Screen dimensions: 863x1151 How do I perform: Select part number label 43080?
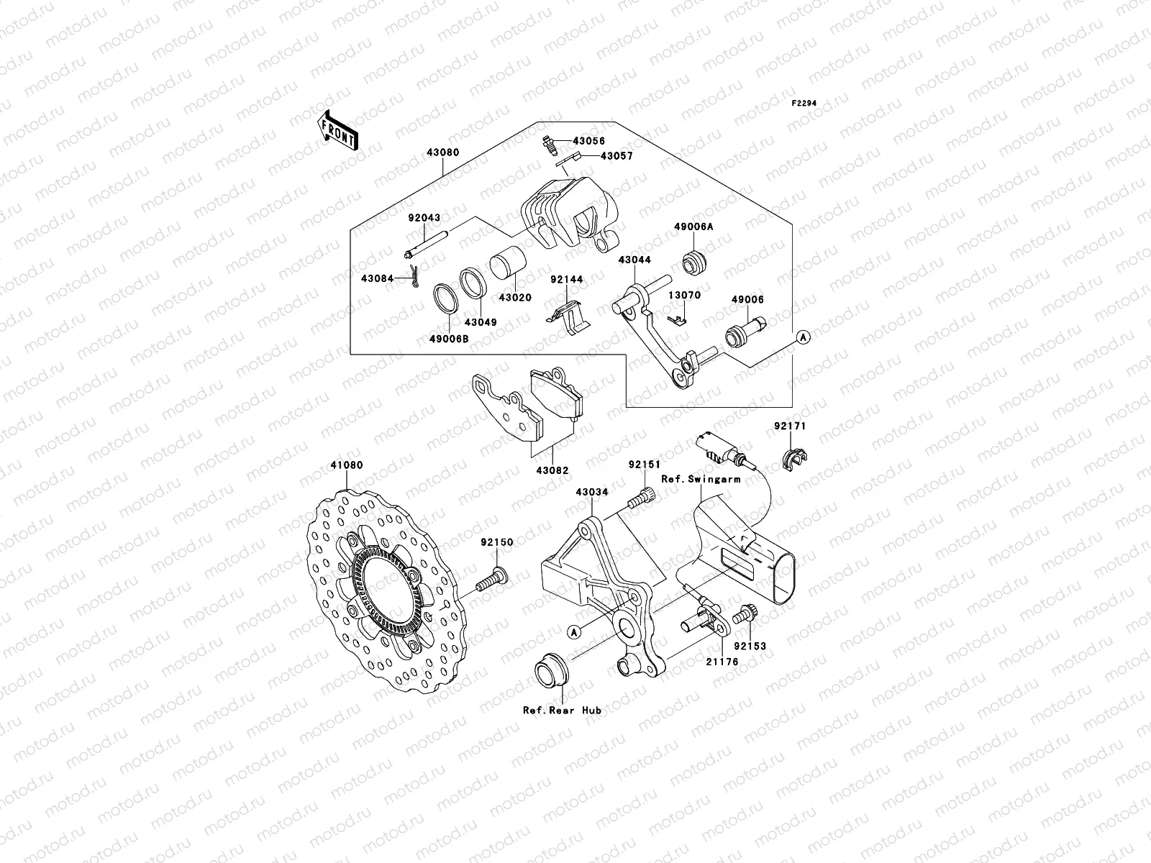coord(443,153)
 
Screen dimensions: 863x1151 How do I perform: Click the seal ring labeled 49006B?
coord(446,299)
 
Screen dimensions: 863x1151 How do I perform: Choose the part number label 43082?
coord(552,470)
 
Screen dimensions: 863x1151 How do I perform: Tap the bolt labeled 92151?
coord(642,498)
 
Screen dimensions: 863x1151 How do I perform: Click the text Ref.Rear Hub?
coord(562,710)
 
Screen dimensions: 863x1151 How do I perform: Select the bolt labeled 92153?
coord(742,616)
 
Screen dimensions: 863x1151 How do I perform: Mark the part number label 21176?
coord(722,661)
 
